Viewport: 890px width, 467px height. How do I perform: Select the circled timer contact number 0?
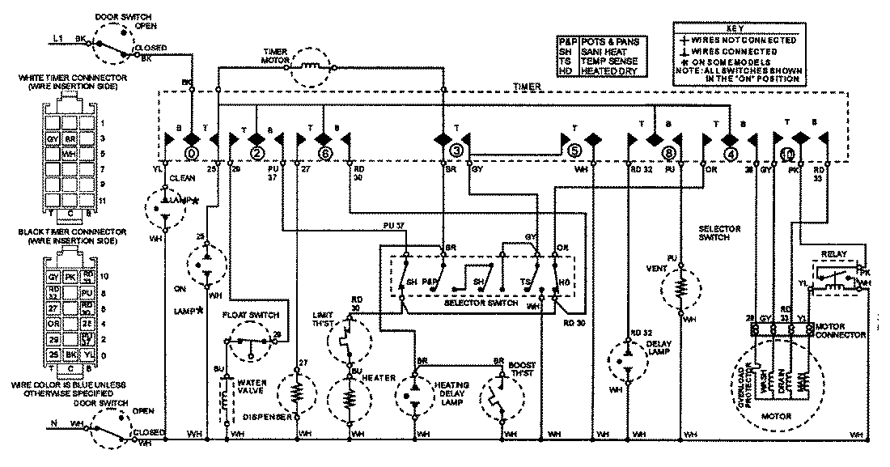click(x=192, y=151)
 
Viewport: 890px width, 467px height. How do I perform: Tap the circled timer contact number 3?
click(x=456, y=151)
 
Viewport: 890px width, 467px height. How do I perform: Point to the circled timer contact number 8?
click(x=667, y=151)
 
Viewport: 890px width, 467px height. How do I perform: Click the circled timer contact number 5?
click(x=575, y=151)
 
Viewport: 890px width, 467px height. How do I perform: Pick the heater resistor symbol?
click(x=350, y=399)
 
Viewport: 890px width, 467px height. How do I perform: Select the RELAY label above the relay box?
click(x=834, y=253)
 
